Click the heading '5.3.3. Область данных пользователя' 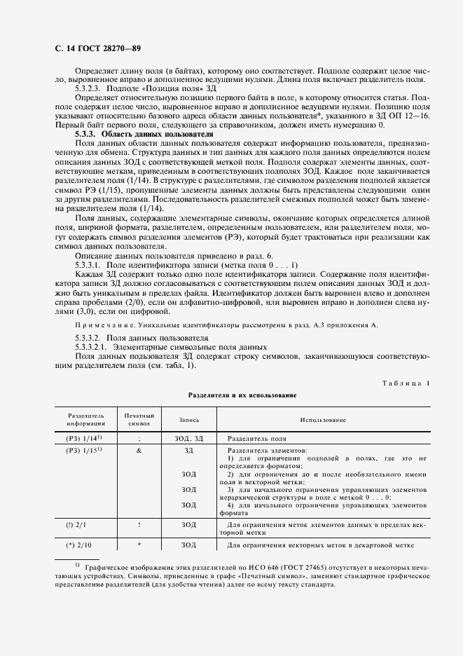click(144, 133)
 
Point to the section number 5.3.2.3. click(88, 90)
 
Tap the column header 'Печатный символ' click(139, 419)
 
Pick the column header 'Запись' click(188, 419)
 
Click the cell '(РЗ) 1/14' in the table click(85, 438)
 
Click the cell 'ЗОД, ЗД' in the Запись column click(188, 438)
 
